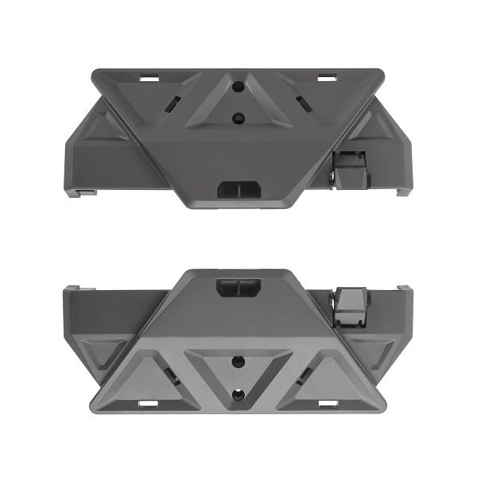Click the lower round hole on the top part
click(238, 118)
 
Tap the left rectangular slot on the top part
click(149, 79)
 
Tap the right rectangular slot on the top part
click(328, 79)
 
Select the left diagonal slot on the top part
click(169, 103)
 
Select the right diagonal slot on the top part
click(303, 102)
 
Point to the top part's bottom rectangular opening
click(238, 188)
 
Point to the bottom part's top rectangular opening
click(238, 287)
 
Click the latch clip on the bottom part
click(351, 306)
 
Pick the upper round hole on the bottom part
click(238, 362)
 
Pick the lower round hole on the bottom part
click(238, 393)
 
